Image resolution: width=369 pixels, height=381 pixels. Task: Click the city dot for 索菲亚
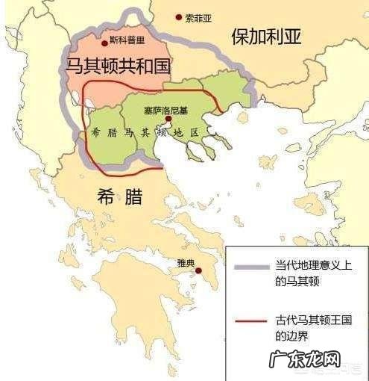[178, 16]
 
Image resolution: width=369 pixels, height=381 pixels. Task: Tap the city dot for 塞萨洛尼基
[169, 119]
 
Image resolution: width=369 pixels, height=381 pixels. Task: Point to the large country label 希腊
[119, 197]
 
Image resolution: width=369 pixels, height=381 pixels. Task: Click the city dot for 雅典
[198, 271]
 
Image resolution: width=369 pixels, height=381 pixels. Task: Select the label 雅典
[185, 262]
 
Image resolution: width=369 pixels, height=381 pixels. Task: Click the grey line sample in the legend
[252, 270]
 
